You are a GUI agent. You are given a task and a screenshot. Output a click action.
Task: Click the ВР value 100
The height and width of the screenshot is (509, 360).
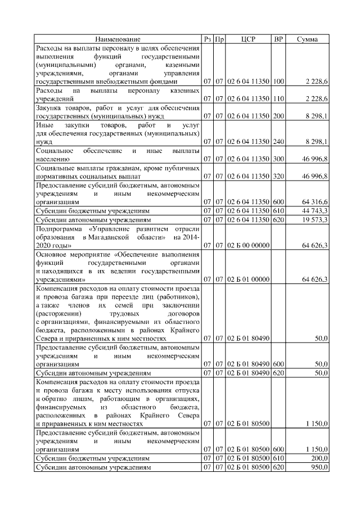[x=278, y=82]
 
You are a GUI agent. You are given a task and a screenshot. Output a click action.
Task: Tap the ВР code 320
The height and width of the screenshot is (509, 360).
[x=278, y=176]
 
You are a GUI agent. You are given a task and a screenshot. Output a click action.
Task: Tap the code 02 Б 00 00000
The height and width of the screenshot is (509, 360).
[x=248, y=245]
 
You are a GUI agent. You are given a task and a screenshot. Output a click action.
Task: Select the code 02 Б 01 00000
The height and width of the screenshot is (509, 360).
[x=248, y=279]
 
